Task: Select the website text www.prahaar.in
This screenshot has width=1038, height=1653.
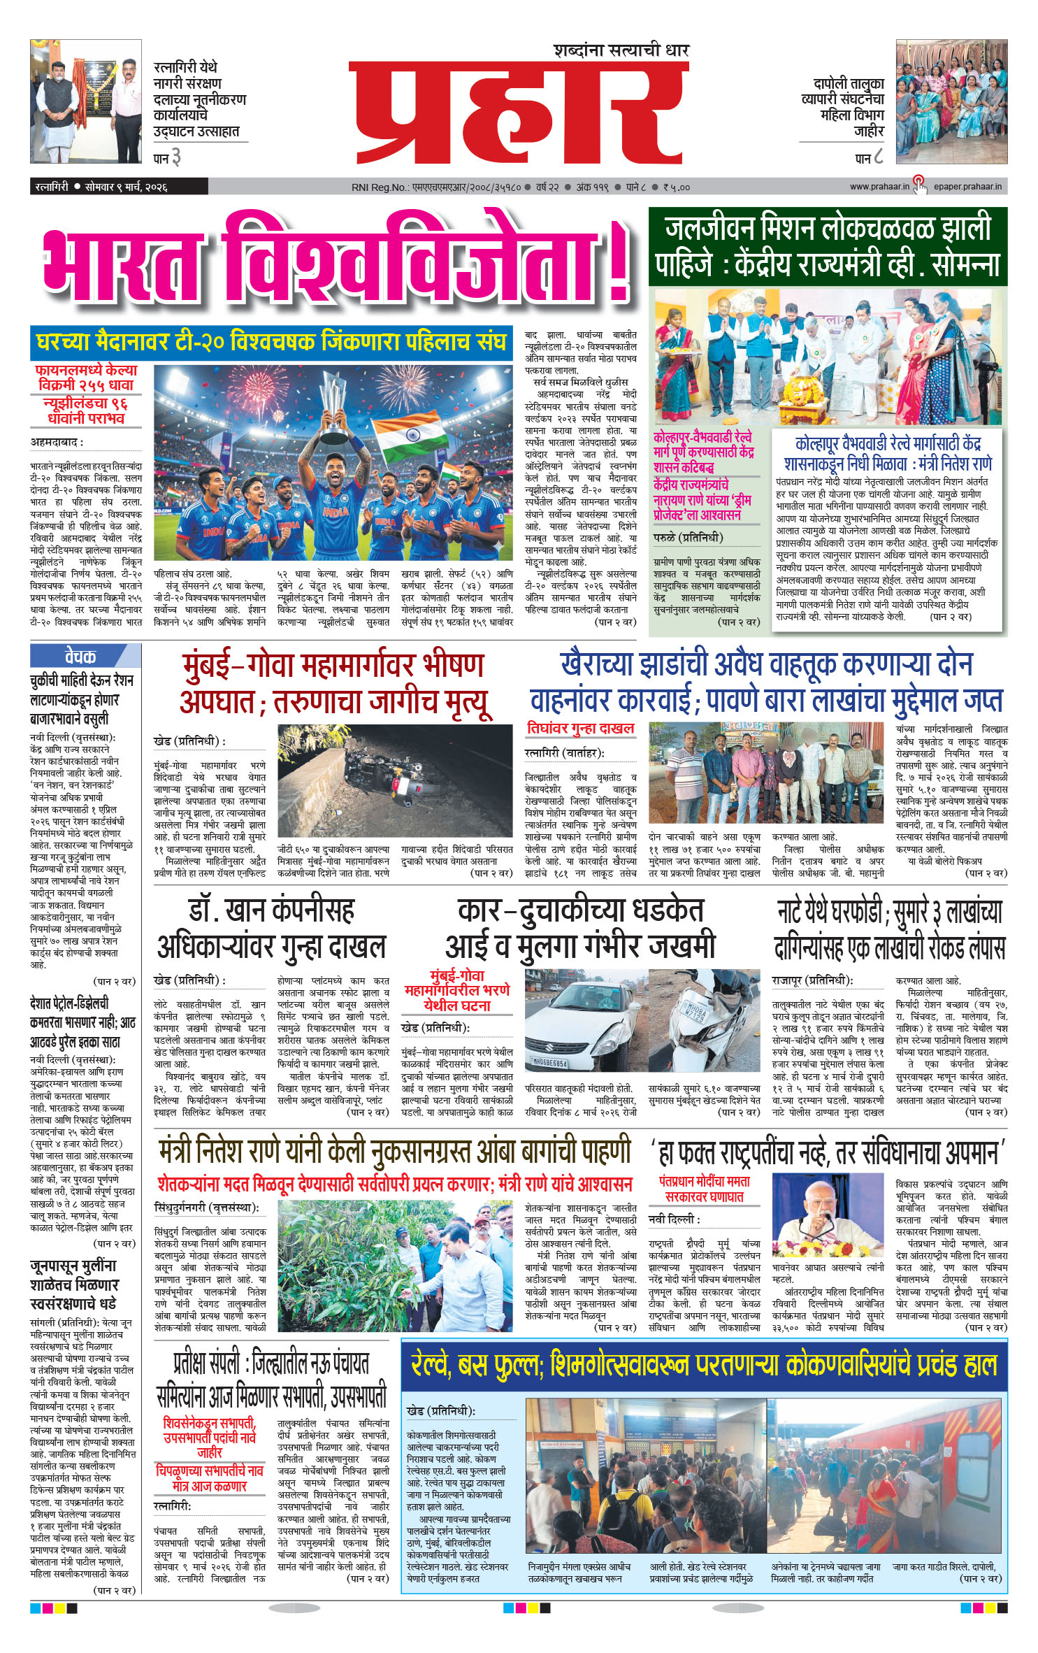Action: [x=879, y=187]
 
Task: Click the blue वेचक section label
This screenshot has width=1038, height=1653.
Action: [x=81, y=657]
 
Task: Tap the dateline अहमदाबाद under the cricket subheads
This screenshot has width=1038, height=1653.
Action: [x=57, y=442]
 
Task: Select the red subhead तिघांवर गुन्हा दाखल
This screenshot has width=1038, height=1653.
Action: [x=581, y=729]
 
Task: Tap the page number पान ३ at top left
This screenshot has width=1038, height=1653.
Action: [x=167, y=158]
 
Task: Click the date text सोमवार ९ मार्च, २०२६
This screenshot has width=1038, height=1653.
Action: [x=126, y=187]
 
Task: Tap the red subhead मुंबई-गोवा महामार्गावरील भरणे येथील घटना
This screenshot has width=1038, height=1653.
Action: [x=457, y=990]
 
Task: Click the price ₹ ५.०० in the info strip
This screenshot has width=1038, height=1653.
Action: [x=676, y=187]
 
